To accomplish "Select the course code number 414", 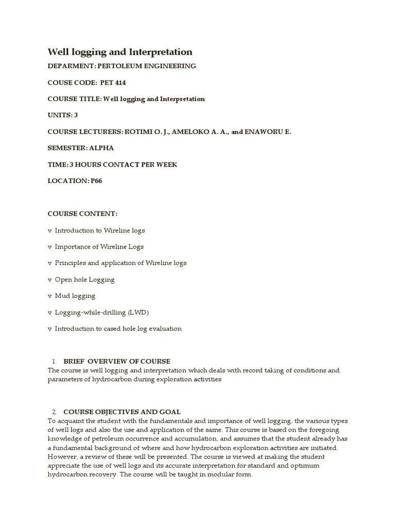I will [x=120, y=82].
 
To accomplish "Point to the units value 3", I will [x=76, y=115].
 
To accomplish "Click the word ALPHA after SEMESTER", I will [x=102, y=148].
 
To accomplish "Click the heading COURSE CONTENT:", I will [x=82, y=213].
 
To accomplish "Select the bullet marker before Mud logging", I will [x=49, y=296].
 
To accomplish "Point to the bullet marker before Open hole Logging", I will [x=49, y=279].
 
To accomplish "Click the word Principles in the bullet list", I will [x=70, y=263].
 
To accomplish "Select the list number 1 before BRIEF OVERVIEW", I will [x=54, y=361].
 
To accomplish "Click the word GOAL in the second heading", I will [x=170, y=411].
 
